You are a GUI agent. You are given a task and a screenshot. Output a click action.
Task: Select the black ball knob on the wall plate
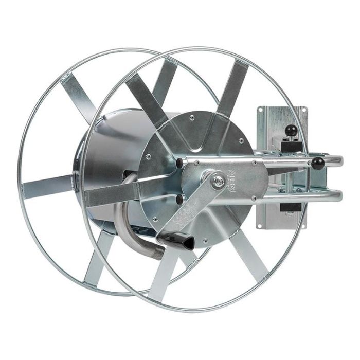[x=291, y=130]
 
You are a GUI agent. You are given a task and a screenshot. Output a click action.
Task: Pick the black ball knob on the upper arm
[x=317, y=164]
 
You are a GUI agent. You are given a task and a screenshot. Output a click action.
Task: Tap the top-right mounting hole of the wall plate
[x=304, y=110]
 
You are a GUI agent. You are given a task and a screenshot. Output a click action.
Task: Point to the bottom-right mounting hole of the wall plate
[x=302, y=225]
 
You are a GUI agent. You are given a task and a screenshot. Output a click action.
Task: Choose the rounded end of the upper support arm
[x=339, y=161]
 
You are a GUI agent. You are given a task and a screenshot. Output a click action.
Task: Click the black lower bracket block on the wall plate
[x=291, y=208]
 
